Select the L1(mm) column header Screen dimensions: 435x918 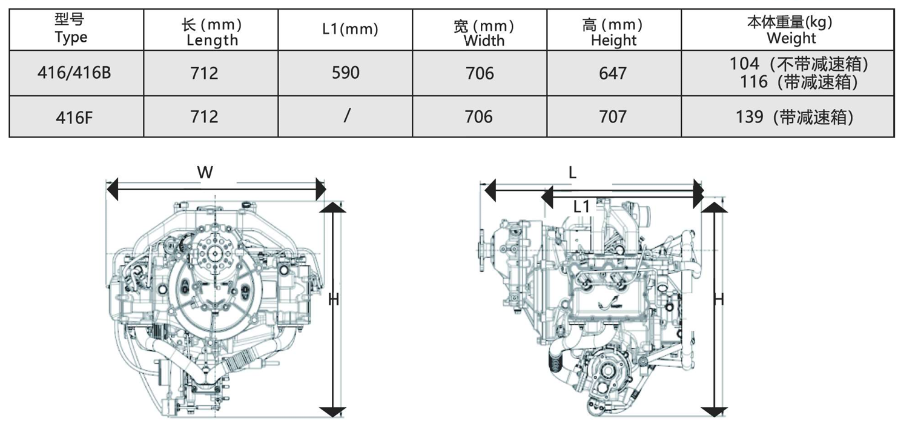(350, 29)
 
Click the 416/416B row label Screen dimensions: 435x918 (74, 73)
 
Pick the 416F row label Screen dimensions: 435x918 (74, 117)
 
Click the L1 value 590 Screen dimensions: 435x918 (345, 73)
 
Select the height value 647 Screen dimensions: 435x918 (613, 73)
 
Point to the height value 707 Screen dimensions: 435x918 (613, 116)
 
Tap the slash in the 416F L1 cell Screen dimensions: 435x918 (346, 116)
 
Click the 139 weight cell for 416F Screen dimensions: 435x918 (750, 117)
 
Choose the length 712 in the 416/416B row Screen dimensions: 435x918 (204, 73)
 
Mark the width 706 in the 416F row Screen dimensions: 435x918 (478, 116)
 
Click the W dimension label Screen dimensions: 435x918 (205, 173)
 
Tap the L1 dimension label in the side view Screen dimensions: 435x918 (581, 207)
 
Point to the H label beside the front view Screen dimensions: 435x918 (333, 299)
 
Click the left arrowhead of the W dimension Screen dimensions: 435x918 (113, 190)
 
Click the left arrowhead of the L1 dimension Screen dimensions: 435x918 (547, 197)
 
